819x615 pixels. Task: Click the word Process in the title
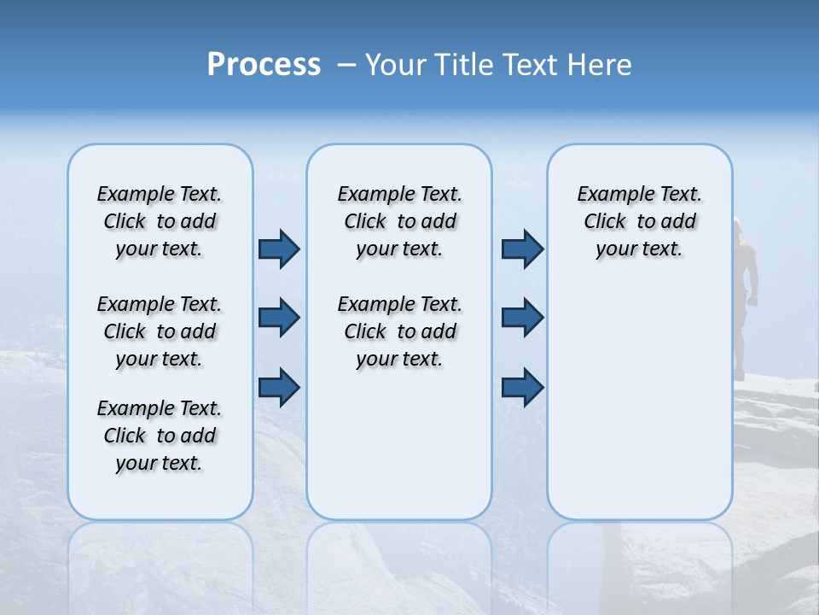[264, 65]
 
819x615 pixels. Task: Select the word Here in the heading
[601, 65]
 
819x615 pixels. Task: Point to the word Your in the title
[396, 65]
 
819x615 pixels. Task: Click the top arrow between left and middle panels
[279, 249]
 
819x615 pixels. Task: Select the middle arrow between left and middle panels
[279, 318]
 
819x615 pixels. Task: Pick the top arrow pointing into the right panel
[522, 249]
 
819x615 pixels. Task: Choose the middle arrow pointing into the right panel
[522, 318]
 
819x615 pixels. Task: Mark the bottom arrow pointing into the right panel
[522, 388]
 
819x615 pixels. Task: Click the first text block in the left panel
[160, 221]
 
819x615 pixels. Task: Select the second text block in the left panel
[160, 331]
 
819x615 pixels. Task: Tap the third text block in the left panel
[160, 436]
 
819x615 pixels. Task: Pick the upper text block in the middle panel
[399, 221]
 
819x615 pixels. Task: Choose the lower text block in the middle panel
[399, 331]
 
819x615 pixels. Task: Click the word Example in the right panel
[609, 195]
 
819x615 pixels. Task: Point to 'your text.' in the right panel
[639, 249]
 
